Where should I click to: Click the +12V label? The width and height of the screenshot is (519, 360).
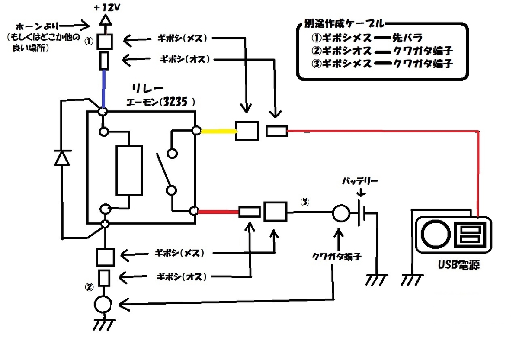pos(107,8)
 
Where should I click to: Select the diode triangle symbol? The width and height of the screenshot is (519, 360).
pos(62,158)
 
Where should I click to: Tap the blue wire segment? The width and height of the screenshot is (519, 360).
pos(104,89)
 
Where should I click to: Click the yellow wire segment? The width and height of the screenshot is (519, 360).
pos(218,131)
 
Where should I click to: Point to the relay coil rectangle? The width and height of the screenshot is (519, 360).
pos(129,170)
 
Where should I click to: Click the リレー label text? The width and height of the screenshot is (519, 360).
pos(147,88)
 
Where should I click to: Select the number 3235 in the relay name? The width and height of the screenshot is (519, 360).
pos(175,102)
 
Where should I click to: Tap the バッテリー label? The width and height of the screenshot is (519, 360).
pos(360,181)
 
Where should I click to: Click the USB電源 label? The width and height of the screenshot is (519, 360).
pos(459,264)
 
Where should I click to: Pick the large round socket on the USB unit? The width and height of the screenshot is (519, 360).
pos(436,234)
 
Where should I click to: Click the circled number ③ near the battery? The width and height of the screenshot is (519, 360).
pos(305,202)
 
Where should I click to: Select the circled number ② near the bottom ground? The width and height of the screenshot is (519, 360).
pos(90,287)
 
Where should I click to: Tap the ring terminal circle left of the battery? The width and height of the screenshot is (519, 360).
pos(341,213)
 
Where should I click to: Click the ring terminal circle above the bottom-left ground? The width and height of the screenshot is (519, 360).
pos(103,304)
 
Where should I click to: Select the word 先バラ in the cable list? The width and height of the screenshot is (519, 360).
pos(407,38)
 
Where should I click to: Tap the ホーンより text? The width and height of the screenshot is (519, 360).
pos(37,27)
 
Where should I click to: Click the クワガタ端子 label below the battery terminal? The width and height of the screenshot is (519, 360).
pos(336,257)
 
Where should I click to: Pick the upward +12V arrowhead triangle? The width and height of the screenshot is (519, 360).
pos(106,20)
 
